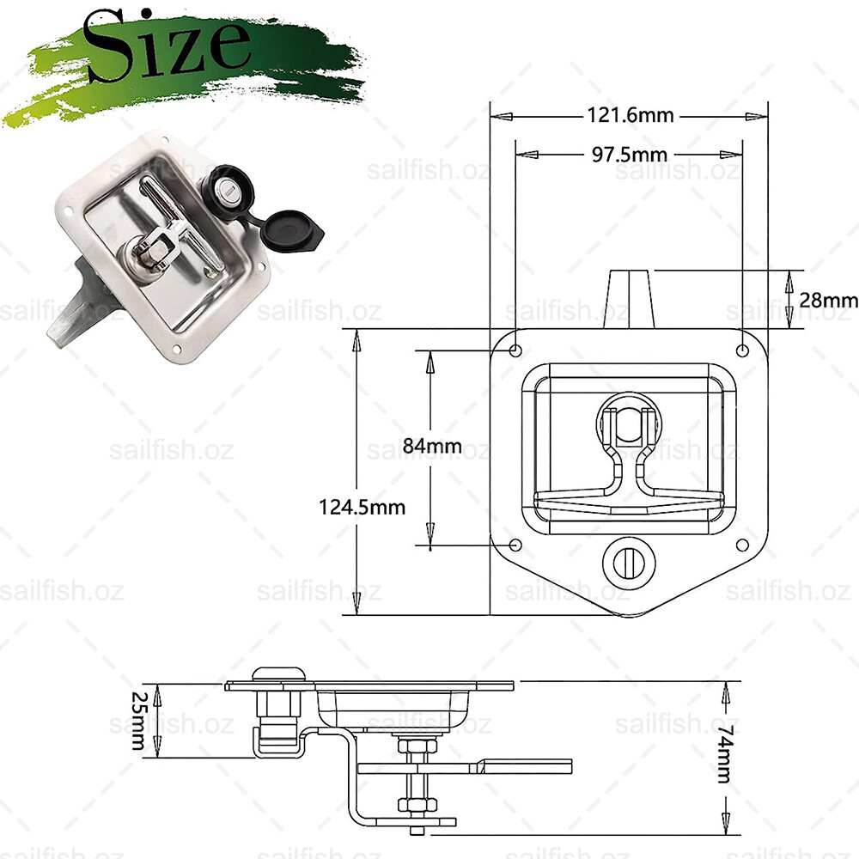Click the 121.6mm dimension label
(630, 115)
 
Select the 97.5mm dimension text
(630, 155)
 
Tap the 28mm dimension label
(828, 300)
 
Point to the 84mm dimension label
(432, 445)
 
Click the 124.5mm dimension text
(362, 507)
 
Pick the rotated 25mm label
(138, 721)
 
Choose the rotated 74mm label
(725, 754)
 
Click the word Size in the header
(168, 46)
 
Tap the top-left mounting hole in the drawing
(515, 350)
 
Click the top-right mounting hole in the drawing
(742, 350)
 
